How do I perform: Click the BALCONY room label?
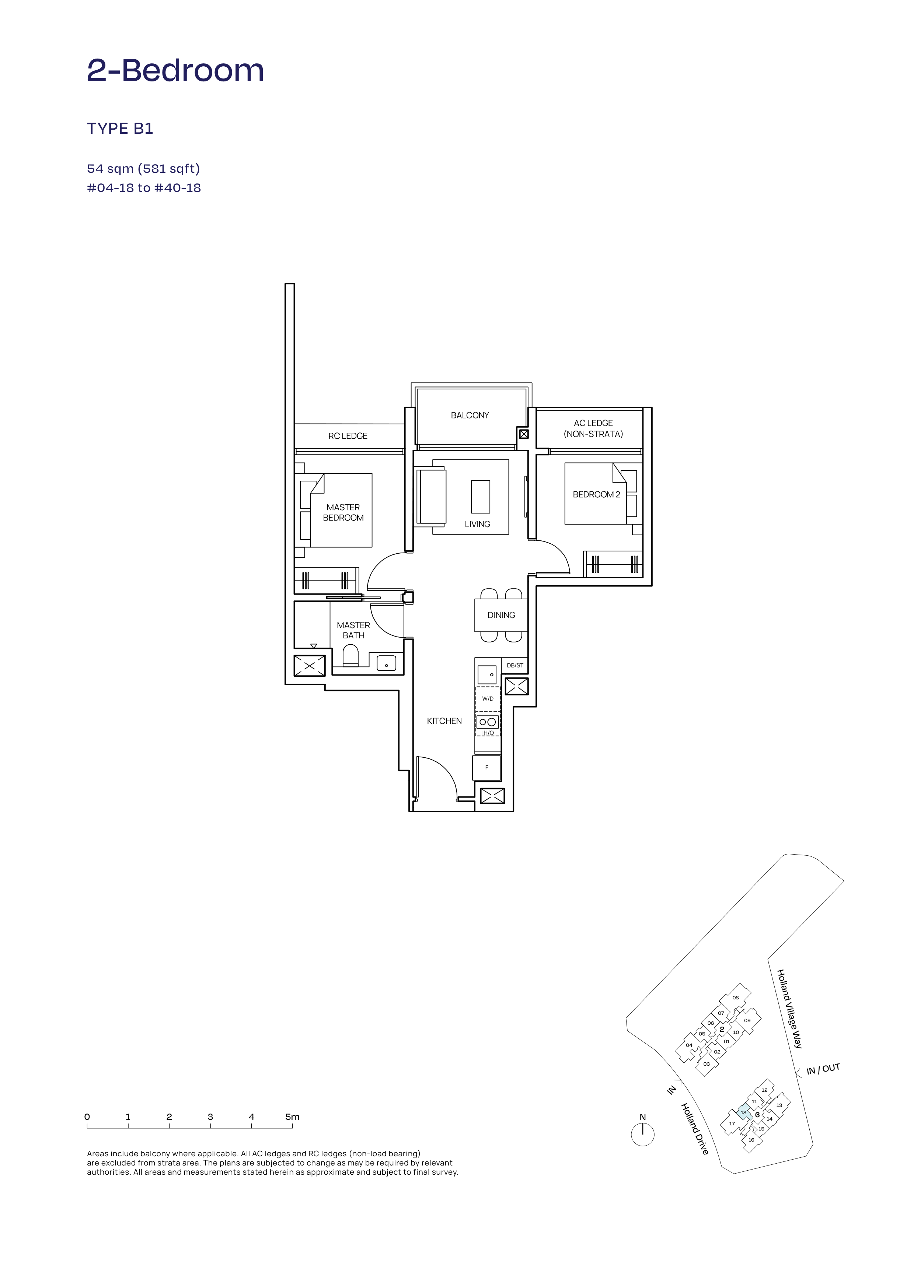[x=470, y=415]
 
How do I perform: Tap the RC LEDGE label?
[x=348, y=436]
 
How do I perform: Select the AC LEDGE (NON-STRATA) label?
[x=593, y=428]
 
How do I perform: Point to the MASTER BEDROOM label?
[x=343, y=512]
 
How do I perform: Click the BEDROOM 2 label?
[x=596, y=494]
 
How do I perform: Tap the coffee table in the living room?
[x=480, y=496]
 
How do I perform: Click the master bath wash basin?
[x=386, y=663]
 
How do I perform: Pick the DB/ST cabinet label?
[x=515, y=665]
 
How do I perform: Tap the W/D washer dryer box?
[x=488, y=699]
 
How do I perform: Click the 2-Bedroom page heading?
[x=175, y=71]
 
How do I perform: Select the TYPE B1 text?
[x=120, y=129]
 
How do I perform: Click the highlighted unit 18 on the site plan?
[x=744, y=1113]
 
